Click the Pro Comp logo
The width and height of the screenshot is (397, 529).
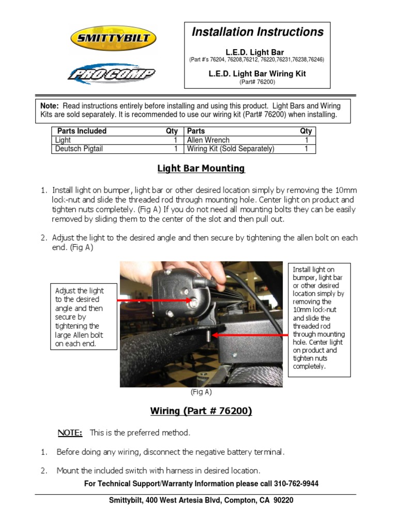coord(111,74)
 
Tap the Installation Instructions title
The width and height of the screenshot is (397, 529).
coord(257,32)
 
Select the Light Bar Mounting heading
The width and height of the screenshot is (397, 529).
coord(201,168)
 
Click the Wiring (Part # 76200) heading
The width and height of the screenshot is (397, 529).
coord(201,411)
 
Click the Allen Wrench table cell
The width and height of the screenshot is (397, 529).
coord(208,140)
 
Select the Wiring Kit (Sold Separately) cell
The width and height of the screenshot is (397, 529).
coord(231,149)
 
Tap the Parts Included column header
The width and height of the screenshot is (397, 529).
coord(82,131)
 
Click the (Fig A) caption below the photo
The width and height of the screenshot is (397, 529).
coord(201,392)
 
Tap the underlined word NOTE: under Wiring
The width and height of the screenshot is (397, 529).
coord(69,432)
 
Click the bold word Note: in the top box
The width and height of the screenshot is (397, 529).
coord(50,105)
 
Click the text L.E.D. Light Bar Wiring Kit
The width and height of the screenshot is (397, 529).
coord(257,74)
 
